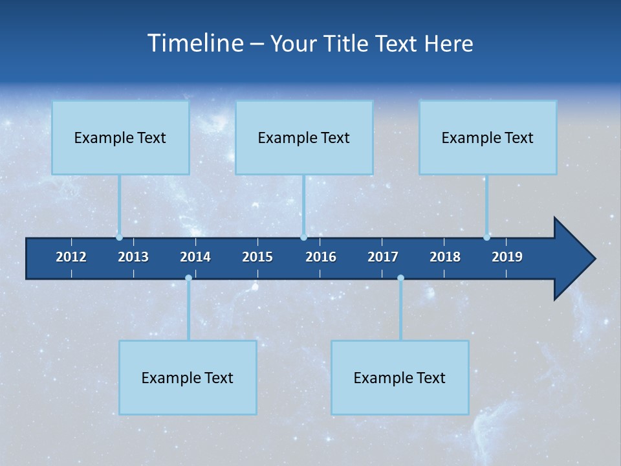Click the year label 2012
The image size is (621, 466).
tap(71, 257)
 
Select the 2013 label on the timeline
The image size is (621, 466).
tap(133, 257)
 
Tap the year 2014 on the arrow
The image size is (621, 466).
tap(195, 257)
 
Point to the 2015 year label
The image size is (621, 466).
tap(257, 257)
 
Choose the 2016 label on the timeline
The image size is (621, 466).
tap(321, 257)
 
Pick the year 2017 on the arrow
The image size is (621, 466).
tap(383, 257)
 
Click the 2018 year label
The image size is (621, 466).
tap(445, 257)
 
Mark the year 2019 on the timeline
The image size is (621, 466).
tap(507, 257)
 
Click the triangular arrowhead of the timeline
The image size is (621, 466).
tap(572, 259)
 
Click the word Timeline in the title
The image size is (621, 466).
tap(195, 43)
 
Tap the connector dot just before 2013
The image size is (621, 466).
tap(119, 238)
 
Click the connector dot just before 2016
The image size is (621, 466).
tap(303, 238)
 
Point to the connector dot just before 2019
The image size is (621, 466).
tap(486, 238)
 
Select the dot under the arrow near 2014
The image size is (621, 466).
tap(188, 278)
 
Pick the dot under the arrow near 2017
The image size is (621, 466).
tap(400, 278)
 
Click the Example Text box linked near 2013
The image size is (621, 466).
tap(120, 138)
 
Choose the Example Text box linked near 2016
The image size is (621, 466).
tap(304, 138)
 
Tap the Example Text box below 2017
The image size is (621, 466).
tap(400, 377)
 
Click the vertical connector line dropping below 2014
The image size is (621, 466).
tap(188, 311)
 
